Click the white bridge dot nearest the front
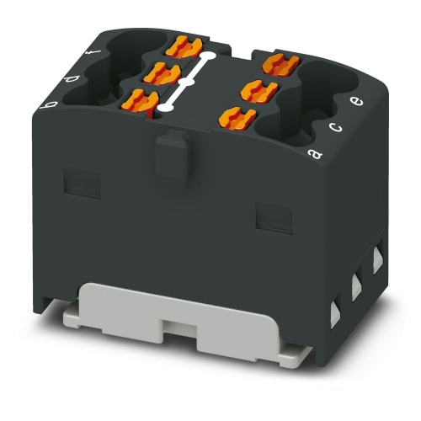(168, 107)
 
